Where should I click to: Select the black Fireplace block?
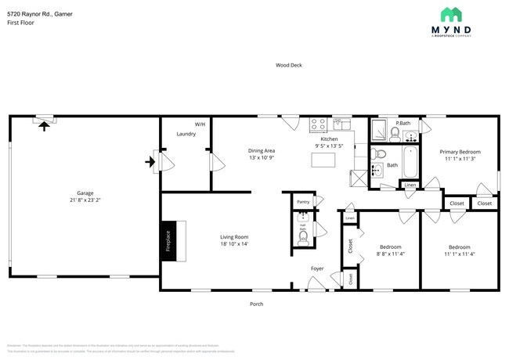pyautogui.click(x=167, y=241)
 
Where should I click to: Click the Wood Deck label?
pyautogui.click(x=288, y=65)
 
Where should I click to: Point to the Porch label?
pyautogui.click(x=256, y=304)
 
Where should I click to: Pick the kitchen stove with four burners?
pyautogui.click(x=318, y=123)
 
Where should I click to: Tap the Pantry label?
pyautogui.click(x=303, y=202)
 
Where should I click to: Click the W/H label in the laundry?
pyautogui.click(x=200, y=124)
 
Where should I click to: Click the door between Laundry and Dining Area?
pyautogui.click(x=212, y=162)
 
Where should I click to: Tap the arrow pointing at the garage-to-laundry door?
pyautogui.click(x=149, y=162)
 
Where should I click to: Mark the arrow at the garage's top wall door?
pyautogui.click(x=44, y=124)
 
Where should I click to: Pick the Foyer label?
pyautogui.click(x=317, y=268)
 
